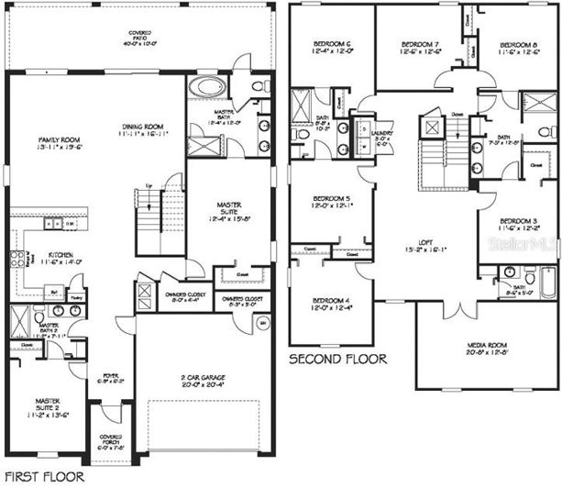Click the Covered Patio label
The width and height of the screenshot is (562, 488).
click(140, 38)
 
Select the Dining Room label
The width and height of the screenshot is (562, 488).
click(142, 129)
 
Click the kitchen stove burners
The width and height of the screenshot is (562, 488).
click(15, 260)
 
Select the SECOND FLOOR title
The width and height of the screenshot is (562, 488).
click(337, 359)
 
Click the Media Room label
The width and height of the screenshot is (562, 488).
click(487, 346)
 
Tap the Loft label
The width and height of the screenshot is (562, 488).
click(411, 244)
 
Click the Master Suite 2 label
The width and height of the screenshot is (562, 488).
click(48, 405)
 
